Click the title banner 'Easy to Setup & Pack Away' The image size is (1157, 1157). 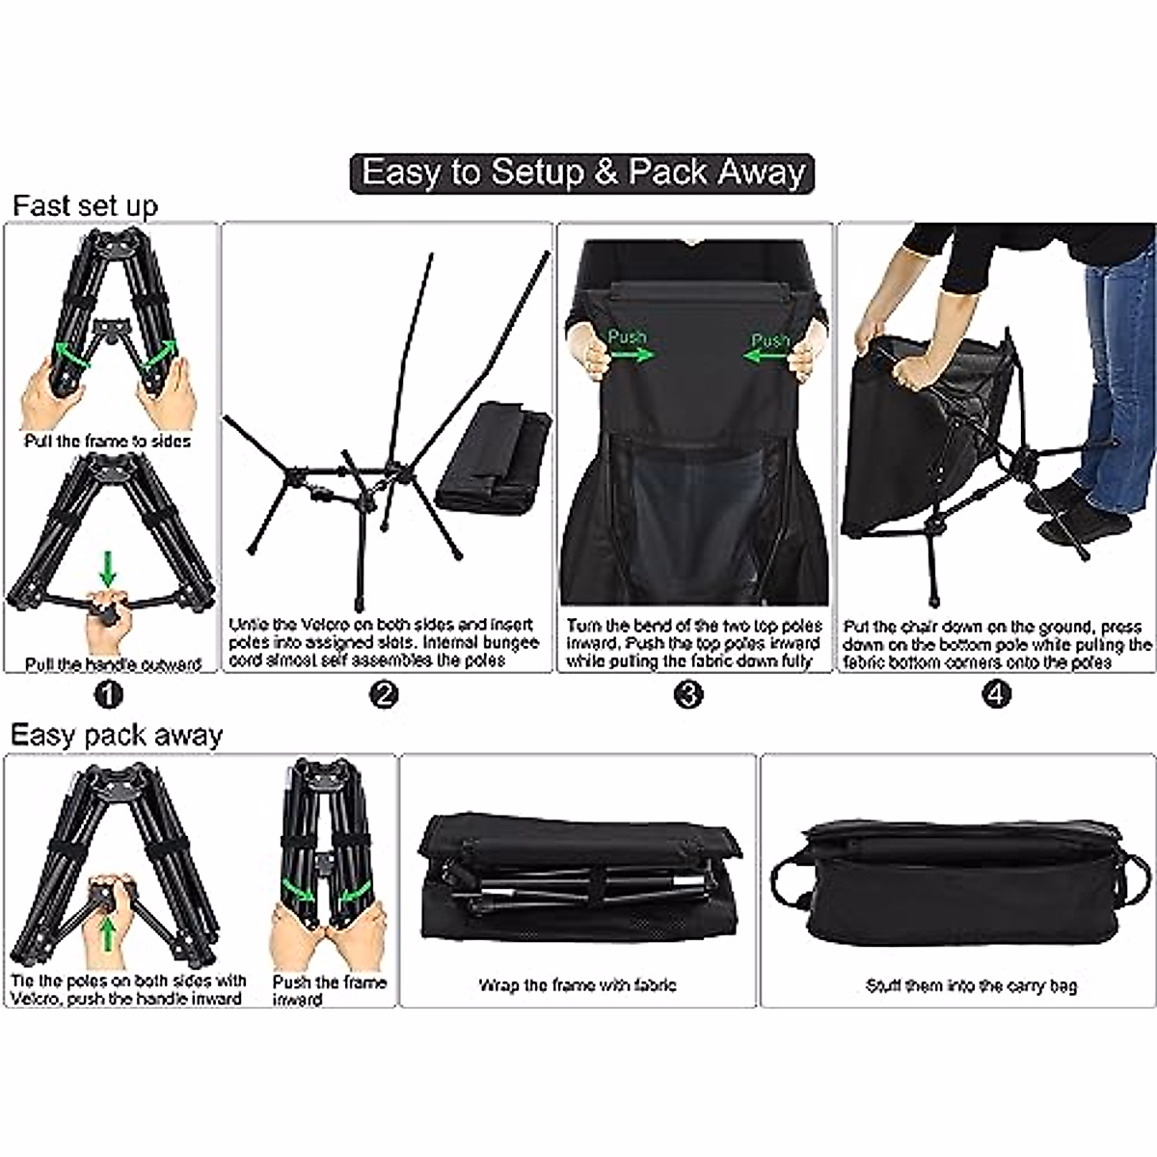click(x=582, y=174)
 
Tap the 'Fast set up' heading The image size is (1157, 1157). click(x=85, y=206)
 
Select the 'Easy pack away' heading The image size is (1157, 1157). click(x=116, y=735)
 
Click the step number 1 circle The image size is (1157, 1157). click(x=108, y=694)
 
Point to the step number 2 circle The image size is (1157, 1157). click(x=385, y=694)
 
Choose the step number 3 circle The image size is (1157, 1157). click(x=687, y=694)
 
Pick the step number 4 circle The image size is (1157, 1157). click(x=998, y=694)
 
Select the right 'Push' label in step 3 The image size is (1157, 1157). click(x=769, y=340)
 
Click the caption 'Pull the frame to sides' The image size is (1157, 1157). click(x=108, y=442)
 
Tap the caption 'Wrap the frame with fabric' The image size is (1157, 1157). click(x=578, y=984)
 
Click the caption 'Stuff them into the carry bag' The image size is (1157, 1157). click(x=971, y=985)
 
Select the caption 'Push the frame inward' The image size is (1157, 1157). click(x=329, y=990)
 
